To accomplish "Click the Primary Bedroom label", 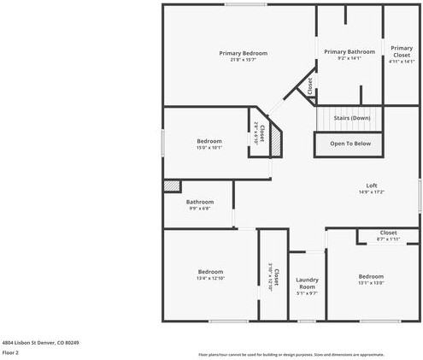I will (244, 53).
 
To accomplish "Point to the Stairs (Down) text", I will (352, 117).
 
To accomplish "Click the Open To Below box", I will (350, 144).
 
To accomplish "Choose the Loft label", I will (372, 186).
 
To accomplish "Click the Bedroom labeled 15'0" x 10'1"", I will (209, 141).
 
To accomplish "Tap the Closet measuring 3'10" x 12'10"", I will (271, 277).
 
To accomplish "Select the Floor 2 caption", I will (11, 352).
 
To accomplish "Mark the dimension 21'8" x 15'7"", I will (244, 60).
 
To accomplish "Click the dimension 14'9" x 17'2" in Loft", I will (372, 192).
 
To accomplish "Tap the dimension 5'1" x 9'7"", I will (307, 293).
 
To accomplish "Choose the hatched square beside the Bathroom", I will (172, 185).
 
